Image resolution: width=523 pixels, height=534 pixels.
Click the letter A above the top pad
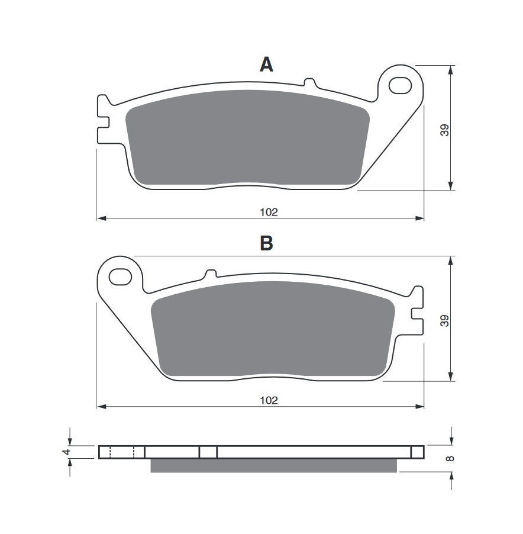(266, 65)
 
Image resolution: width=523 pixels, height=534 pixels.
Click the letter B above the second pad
(266, 243)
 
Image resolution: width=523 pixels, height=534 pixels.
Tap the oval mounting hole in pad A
(400, 85)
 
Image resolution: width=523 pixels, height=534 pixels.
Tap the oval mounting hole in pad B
(121, 276)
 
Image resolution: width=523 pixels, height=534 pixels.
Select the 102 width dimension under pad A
(269, 212)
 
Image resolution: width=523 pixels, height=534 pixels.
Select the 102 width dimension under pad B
(269, 400)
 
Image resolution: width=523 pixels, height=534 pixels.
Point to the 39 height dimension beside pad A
(444, 130)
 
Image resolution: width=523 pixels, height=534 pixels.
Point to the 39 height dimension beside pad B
(444, 321)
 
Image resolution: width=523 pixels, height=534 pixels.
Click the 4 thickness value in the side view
(67, 452)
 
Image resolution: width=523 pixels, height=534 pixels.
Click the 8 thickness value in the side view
(450, 458)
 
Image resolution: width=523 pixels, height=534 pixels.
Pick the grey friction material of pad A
(247, 138)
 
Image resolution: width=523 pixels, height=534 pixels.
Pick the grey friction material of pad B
(273, 329)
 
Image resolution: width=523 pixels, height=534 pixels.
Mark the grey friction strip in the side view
(273, 465)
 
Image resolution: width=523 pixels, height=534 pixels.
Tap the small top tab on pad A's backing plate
(309, 82)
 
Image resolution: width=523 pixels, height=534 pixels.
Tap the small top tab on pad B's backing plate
(211, 274)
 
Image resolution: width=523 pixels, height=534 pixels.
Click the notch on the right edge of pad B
(417, 313)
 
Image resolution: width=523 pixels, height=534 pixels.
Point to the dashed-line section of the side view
(121, 452)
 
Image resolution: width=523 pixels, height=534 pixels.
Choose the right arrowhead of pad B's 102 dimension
(419, 406)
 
